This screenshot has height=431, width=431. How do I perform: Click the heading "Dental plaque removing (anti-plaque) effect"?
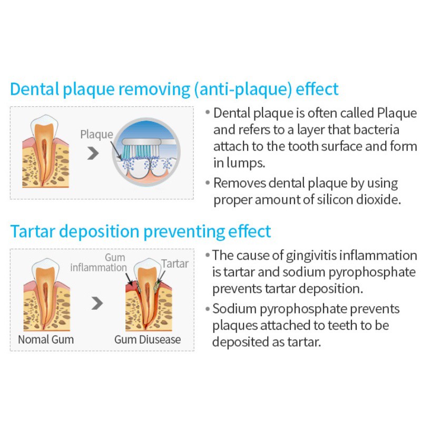(x=174, y=89)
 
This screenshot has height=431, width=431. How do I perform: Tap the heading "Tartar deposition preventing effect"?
(x=140, y=231)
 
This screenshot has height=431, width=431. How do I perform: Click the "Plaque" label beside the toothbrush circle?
(x=96, y=134)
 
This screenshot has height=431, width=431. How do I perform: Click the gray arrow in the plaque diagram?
(x=93, y=153)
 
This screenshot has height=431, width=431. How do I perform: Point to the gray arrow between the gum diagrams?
(x=96, y=303)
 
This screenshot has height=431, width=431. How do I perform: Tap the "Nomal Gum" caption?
(x=46, y=339)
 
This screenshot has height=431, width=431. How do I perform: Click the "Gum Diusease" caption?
(x=148, y=339)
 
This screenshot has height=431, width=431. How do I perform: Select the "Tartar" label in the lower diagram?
(x=174, y=263)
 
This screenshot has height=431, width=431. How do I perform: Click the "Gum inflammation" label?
(x=99, y=262)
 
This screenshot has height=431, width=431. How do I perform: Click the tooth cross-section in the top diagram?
(x=45, y=153)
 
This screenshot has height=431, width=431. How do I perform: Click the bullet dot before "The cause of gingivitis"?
(x=208, y=256)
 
